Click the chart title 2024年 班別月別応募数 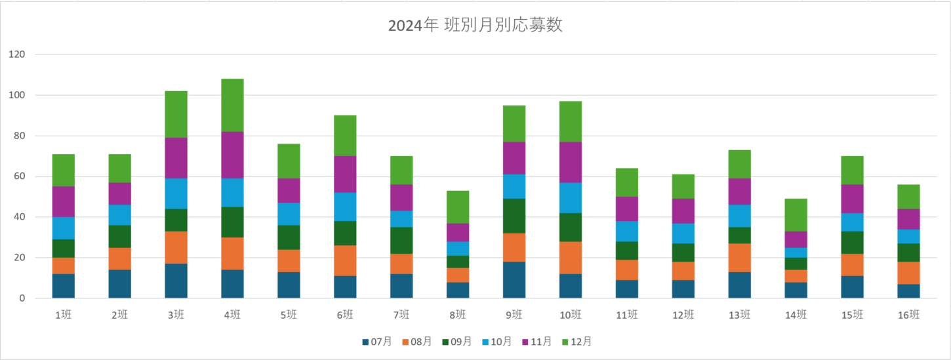(x=475, y=26)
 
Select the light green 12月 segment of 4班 (x=232, y=105)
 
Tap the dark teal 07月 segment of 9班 (x=514, y=280)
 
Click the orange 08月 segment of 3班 (x=176, y=247)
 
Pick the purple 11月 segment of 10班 (x=571, y=162)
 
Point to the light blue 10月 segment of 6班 (x=345, y=207)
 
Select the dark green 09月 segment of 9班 (x=514, y=216)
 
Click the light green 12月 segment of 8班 (x=458, y=207)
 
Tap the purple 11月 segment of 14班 (x=796, y=239)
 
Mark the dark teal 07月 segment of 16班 (x=908, y=291)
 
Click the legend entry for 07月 (x=376, y=342)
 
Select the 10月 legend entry (x=496, y=342)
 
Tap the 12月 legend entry (x=577, y=342)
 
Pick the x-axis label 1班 (x=64, y=315)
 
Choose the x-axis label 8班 (x=458, y=315)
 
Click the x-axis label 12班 (x=683, y=315)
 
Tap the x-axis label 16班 (x=908, y=315)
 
